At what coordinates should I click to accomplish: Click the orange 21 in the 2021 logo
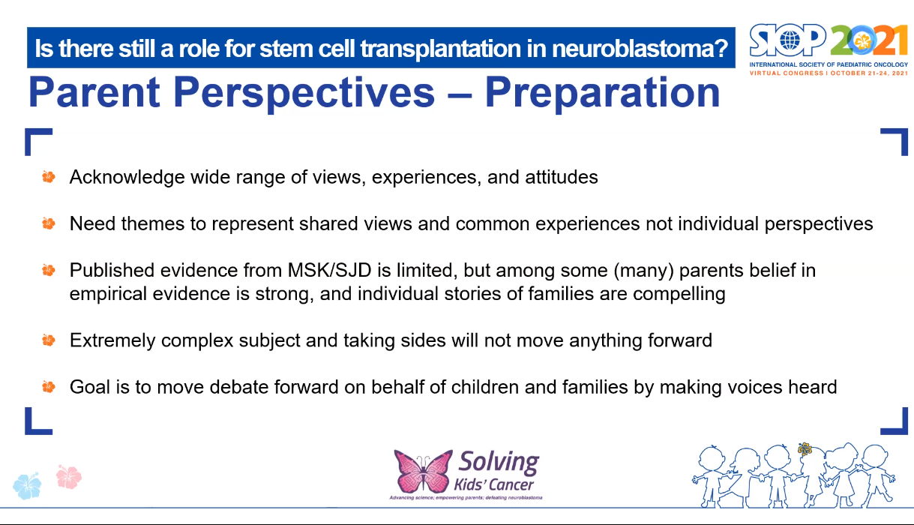pyautogui.click(x=890, y=40)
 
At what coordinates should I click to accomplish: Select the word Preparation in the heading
pyautogui.click(x=602, y=93)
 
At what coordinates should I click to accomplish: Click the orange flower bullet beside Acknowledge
pyautogui.click(x=49, y=177)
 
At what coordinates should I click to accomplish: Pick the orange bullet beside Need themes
pyautogui.click(x=49, y=223)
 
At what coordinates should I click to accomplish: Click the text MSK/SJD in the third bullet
pyautogui.click(x=330, y=270)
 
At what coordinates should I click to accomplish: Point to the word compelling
pyautogui.click(x=679, y=294)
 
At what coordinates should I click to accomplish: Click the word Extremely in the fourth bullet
pyautogui.click(x=112, y=340)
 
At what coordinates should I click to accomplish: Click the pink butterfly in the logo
pyautogui.click(x=423, y=471)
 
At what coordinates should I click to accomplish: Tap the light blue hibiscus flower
pyautogui.click(x=27, y=485)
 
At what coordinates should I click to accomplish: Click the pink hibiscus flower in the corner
pyautogui.click(x=68, y=476)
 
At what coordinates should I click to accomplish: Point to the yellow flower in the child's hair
pyautogui.click(x=805, y=449)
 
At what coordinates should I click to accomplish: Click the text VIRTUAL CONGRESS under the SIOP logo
pyautogui.click(x=787, y=73)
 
